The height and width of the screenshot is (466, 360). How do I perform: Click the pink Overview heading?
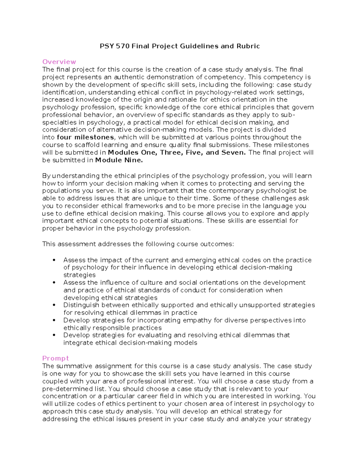pos(59,62)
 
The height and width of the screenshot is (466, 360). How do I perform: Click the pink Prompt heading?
pos(55,358)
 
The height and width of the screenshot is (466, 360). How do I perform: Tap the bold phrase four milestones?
pos(85,137)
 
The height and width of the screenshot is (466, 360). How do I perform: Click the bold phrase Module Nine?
pos(119,160)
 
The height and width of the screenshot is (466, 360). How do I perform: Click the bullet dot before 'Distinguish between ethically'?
pos(54,305)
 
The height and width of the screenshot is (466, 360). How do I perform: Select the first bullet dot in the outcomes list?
pos(54,260)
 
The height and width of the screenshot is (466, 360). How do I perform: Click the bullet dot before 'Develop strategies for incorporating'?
pos(54,320)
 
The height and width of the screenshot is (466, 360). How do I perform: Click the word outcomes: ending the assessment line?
pos(217,244)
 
